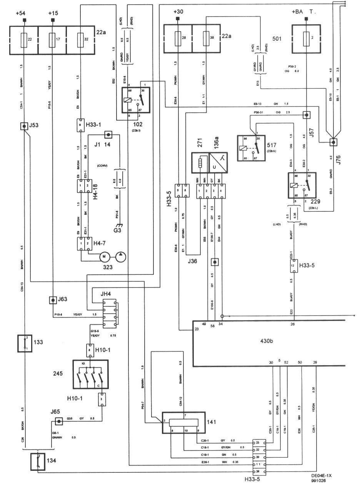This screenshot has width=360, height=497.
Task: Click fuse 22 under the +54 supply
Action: [x=24, y=39]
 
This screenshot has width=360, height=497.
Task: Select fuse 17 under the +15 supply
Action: [x=52, y=39]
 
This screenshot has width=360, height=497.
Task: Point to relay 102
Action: [x=136, y=100]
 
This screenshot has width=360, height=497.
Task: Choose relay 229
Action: [x=302, y=186]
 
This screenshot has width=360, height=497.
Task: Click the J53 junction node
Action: [x=24, y=126]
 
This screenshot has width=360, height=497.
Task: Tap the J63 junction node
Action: [x=52, y=299]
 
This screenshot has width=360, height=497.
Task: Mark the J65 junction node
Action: [x=58, y=422]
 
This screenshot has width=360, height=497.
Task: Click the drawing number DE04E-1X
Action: [x=322, y=475]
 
